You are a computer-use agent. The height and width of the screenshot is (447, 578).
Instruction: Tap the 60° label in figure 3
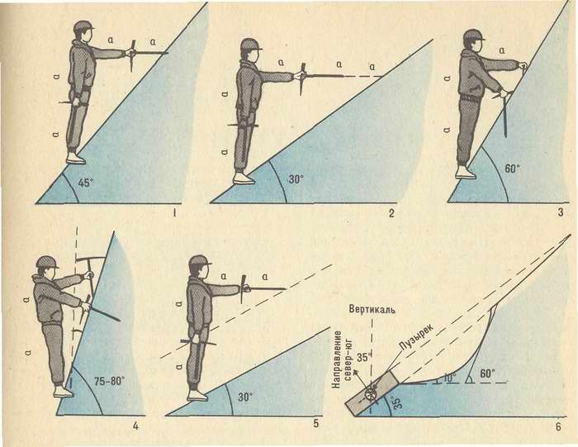pos(512,169)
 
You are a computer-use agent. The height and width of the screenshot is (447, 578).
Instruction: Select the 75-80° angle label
pos(110,381)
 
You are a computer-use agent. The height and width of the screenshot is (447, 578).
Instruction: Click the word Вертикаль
pos(372,309)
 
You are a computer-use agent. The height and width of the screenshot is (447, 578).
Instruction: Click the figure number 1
pos(174,213)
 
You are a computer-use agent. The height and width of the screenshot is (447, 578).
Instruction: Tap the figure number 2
pos(391,213)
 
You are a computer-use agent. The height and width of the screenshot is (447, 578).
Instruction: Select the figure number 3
pos(561,212)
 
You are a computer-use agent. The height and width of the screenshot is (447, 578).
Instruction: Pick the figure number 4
pos(135,426)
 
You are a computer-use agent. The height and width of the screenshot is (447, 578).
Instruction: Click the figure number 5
pos(315,424)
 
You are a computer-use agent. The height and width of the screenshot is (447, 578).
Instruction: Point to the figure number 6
pos(558,426)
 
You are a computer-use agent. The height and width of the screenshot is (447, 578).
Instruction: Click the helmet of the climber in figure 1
pos(83,26)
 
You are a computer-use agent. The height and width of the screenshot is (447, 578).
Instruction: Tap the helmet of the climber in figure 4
pos(47,262)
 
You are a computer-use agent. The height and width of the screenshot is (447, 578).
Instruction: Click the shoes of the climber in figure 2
pos(244,178)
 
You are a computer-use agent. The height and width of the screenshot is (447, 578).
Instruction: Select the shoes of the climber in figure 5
pos(198,396)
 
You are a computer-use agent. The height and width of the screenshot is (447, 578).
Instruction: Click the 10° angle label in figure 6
pos(450,378)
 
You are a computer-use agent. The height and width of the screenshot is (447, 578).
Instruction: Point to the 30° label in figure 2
pos(296,179)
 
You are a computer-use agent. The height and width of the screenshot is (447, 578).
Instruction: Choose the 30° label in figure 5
pos(245,397)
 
